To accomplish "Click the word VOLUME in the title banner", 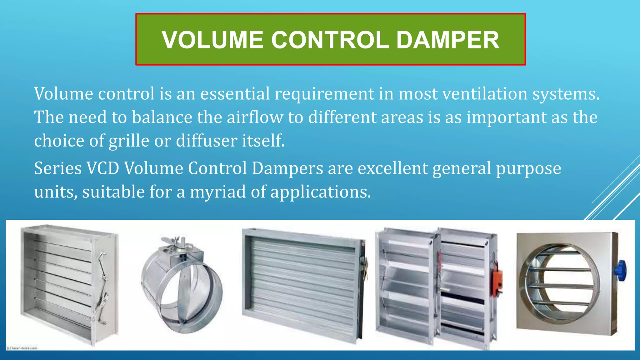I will click(x=212, y=40).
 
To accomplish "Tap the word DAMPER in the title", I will click(x=447, y=40).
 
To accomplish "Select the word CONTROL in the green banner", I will click(x=330, y=40).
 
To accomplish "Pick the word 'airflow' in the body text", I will click(x=255, y=117).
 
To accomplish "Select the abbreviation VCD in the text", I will click(x=103, y=168).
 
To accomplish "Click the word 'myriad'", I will click(x=218, y=192).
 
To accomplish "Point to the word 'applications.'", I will click(x=321, y=192).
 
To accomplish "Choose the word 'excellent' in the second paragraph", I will click(x=392, y=168).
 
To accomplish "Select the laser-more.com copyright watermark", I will click(x=22, y=348).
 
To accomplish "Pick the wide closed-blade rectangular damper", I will click(x=303, y=284).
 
